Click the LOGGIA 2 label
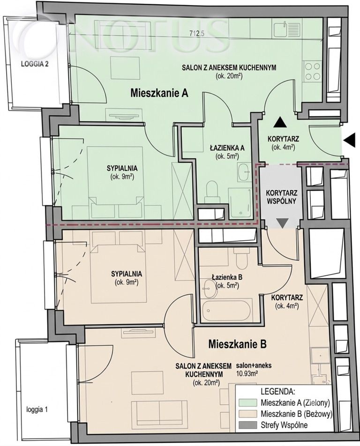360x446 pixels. click(35, 64)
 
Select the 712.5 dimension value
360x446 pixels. click(197, 33)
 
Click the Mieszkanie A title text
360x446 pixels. click(159, 93)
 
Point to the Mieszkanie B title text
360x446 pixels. click(238, 344)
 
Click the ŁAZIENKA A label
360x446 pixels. click(227, 148)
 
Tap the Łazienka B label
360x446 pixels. click(227, 277)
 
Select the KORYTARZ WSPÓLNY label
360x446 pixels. click(281, 197)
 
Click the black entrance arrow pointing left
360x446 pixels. click(350, 140)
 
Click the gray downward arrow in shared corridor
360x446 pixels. click(283, 223)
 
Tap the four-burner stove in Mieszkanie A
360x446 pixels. click(312, 71)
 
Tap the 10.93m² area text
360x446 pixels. click(247, 374)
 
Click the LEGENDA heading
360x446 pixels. click(277, 391)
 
